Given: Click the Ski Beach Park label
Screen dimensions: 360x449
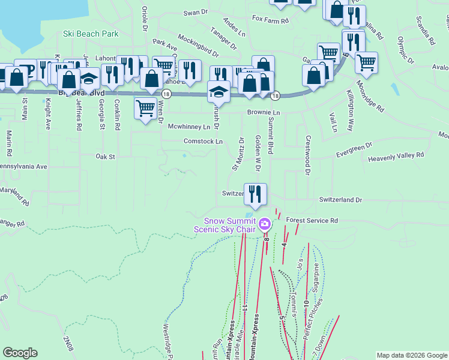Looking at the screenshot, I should (91, 34).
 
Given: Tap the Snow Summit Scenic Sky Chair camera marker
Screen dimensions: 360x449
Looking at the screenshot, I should (265, 226).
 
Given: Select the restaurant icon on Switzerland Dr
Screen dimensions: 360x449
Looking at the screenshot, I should (256, 194).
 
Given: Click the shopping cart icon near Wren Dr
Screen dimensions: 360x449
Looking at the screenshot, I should (145, 108).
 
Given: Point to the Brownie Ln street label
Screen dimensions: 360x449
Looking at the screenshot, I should (264, 113).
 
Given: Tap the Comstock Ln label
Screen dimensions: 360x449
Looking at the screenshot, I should (203, 141).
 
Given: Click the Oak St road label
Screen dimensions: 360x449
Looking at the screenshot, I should (105, 156).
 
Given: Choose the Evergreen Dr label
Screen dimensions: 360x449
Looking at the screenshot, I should (354, 150).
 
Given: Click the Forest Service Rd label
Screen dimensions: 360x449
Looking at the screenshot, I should (312, 221).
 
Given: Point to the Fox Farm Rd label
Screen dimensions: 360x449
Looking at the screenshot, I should (270, 20).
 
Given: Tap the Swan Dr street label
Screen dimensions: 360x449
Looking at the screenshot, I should (195, 12).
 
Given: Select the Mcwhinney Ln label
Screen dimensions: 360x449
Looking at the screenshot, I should (189, 127).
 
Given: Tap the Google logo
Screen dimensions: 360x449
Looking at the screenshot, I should (20, 353).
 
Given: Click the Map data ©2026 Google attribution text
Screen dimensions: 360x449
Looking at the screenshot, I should (412, 355).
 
